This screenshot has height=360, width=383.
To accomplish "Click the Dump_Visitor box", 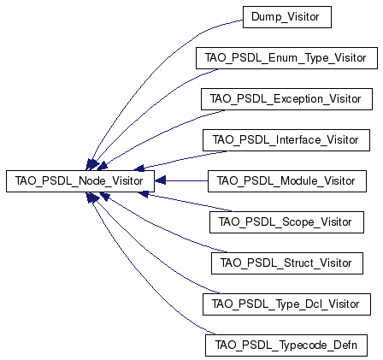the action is coord(287,17).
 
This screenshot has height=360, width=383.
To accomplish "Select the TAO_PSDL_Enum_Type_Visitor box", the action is coord(286,58).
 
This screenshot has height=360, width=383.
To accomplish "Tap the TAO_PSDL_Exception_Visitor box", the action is coord(286,99).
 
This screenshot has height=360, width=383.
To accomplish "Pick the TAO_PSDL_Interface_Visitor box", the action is coord(286,140).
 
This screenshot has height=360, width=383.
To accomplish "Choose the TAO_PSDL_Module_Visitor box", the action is coord(287,181).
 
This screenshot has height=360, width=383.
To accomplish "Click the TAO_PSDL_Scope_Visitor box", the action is coord(286,222).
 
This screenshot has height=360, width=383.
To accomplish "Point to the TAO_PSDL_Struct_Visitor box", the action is coord(287,263).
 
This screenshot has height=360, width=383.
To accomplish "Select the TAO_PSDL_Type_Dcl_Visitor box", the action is coord(286,304).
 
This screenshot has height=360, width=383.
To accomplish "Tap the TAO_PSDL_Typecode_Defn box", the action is coord(286,345).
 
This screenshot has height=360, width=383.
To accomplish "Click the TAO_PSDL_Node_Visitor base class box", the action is coord(80,181).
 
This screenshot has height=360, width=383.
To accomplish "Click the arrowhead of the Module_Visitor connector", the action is coord(160,180).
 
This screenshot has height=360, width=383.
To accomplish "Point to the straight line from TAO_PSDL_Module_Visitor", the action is coord(186,180).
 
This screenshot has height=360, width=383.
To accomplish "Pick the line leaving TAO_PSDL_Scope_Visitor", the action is coord(188,203).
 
